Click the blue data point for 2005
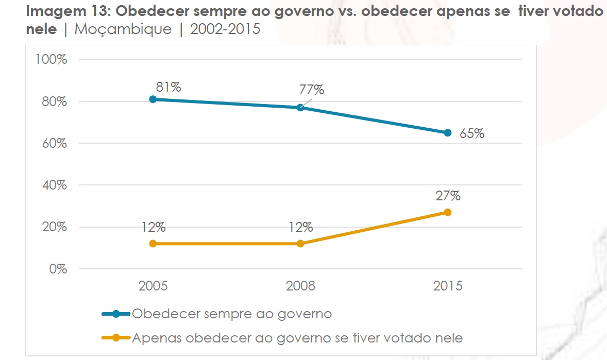(153, 99)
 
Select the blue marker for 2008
(300, 108)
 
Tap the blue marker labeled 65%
(448, 133)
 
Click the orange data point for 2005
(153, 244)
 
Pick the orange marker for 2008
(300, 244)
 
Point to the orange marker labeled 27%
(448, 212)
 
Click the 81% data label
(168, 87)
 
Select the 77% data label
(312, 90)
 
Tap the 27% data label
(448, 196)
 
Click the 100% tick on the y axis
(51, 59)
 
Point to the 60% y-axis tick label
(54, 143)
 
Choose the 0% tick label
(57, 269)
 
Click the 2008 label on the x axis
(300, 286)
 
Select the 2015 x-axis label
(448, 286)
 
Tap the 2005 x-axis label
(153, 286)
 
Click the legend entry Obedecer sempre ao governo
(231, 314)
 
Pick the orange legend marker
(116, 338)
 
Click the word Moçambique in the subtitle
(123, 29)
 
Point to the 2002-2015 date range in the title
(225, 29)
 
